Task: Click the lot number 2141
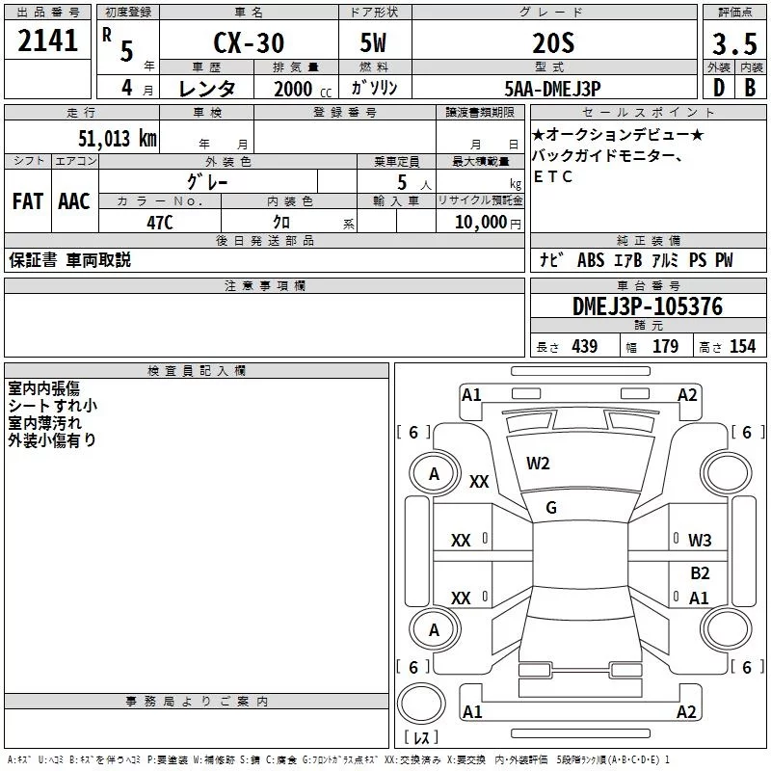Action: pos(47,40)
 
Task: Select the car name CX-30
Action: pos(249,42)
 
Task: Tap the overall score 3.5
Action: pos(734,44)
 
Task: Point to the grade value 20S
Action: pos(553,43)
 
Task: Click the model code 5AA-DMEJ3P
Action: pos(552,89)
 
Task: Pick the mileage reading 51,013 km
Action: pos(118,138)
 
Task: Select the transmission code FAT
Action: pos(28,201)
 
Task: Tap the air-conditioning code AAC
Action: pos(74,201)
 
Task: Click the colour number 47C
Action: pos(160,223)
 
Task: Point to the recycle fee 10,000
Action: pos(480,223)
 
